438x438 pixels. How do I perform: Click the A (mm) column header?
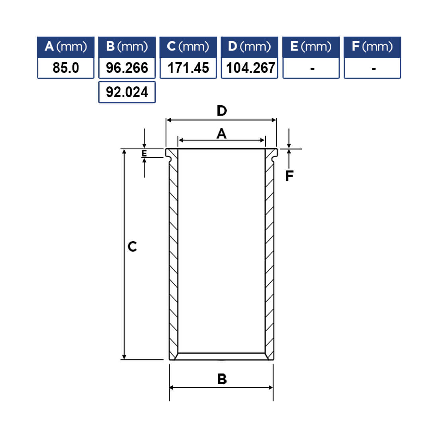(x=66, y=47)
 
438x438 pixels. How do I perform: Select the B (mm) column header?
(x=127, y=47)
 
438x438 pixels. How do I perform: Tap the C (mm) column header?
(x=188, y=47)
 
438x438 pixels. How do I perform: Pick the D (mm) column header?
(x=249, y=47)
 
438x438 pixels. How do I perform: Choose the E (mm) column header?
(x=311, y=47)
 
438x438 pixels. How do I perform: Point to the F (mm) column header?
(x=372, y=47)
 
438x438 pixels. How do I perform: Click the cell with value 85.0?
(x=66, y=68)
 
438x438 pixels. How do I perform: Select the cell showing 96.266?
(x=127, y=68)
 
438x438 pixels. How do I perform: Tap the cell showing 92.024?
(x=127, y=92)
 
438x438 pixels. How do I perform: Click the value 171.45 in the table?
(x=188, y=68)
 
